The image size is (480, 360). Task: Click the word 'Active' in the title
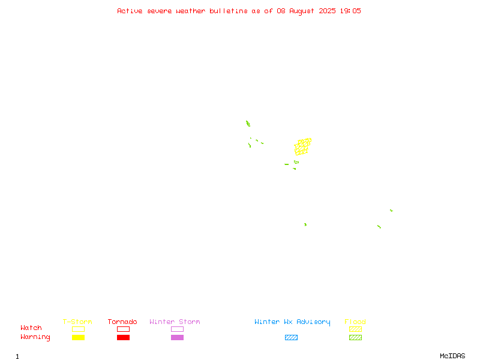(130, 11)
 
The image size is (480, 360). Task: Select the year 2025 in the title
(327, 11)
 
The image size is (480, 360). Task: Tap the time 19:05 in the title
(350, 11)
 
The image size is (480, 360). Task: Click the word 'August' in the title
(302, 11)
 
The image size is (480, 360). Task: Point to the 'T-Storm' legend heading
(77, 322)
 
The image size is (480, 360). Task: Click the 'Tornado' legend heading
(122, 322)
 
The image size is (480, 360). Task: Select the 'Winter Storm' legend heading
(175, 322)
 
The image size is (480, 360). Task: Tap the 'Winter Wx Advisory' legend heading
(292, 322)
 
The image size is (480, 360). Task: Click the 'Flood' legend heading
(355, 322)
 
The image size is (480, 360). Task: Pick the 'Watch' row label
(31, 328)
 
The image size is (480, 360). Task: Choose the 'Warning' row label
(35, 337)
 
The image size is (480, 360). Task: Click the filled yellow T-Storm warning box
(79, 337)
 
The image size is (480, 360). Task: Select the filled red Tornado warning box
(124, 337)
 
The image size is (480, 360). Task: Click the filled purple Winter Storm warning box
(177, 337)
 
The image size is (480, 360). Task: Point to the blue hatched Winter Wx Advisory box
(291, 337)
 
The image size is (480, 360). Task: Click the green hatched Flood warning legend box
(355, 337)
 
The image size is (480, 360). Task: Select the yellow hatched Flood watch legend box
(355, 329)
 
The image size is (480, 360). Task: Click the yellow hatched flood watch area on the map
(303, 146)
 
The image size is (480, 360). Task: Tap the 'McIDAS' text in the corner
(452, 356)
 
